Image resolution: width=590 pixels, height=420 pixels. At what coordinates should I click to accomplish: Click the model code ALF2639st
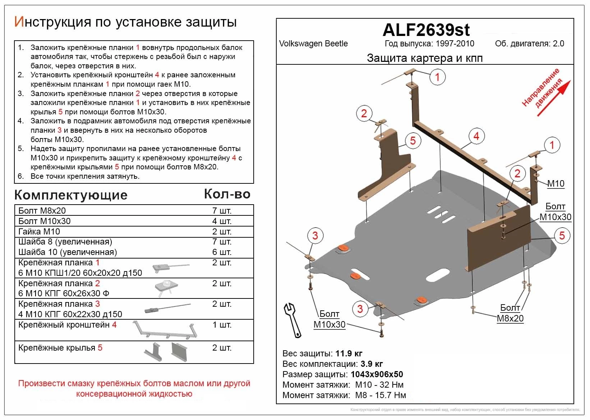[x=426, y=30]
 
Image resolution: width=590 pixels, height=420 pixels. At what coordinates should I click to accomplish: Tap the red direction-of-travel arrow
[x=554, y=99]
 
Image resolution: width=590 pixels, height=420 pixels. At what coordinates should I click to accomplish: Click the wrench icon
[x=292, y=320]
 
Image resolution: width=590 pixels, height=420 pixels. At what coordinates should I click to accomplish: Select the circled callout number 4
[x=476, y=136]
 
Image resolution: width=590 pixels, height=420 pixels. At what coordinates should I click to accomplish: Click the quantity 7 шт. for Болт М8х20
[x=222, y=211]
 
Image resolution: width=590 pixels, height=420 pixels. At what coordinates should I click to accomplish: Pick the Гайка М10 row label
[x=39, y=232]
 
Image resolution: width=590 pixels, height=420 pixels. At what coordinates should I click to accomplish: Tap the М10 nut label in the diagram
[x=556, y=184]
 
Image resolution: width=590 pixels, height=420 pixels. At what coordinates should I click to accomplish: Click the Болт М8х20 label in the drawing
[x=510, y=313]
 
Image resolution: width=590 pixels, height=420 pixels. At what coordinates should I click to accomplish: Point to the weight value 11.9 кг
[x=349, y=353]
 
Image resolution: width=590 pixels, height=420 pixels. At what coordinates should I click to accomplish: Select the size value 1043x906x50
[x=377, y=374]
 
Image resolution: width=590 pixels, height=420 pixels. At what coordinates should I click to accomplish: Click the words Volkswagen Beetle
[x=313, y=44]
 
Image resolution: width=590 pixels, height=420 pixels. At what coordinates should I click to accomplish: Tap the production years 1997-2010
[x=455, y=44]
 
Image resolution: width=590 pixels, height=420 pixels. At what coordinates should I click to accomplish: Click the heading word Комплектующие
[x=71, y=195]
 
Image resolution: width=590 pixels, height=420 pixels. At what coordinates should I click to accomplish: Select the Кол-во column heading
[x=227, y=194]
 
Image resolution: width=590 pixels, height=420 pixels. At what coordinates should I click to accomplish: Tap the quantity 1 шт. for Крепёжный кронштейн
[x=222, y=325]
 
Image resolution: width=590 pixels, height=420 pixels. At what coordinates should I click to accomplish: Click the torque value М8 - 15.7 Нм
[x=381, y=395]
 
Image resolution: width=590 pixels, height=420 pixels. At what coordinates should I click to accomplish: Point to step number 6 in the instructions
[x=20, y=176]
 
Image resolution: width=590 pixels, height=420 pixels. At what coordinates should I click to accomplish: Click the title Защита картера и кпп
[x=425, y=58]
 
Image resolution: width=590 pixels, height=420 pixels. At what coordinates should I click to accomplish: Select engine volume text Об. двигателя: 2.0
[x=529, y=44]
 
